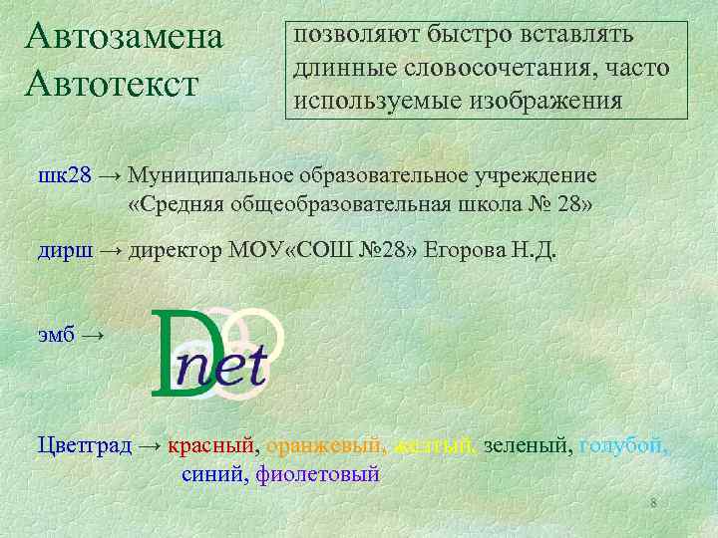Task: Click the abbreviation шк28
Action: click(x=64, y=175)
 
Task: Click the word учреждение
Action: click(x=542, y=175)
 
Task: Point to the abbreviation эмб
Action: click(x=56, y=336)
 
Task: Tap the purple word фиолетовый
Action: click(x=318, y=474)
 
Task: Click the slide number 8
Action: click(x=653, y=503)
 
